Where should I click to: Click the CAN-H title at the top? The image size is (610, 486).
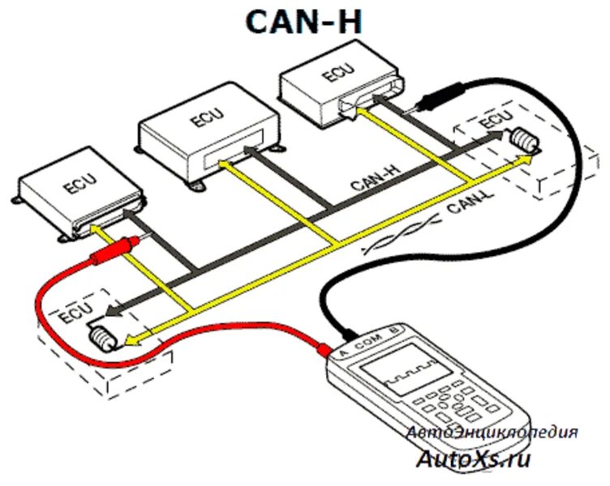point(306,22)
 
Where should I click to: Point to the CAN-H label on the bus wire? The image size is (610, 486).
point(373,177)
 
